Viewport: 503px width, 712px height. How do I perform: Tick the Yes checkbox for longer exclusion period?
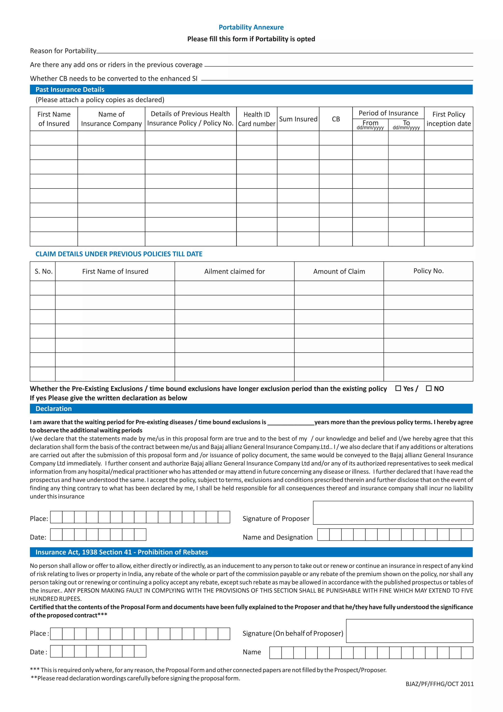(398, 388)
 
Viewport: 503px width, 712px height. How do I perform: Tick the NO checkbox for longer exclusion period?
(429, 388)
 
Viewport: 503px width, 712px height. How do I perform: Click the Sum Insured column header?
(298, 119)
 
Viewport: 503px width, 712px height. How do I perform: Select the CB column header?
(336, 119)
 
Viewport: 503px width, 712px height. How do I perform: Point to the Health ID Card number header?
(256, 119)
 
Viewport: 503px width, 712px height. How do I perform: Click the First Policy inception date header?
(448, 119)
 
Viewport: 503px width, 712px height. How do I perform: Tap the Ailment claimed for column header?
(235, 271)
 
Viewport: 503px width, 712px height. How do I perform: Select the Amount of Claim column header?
(339, 271)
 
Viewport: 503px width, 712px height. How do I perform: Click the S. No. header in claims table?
(43, 271)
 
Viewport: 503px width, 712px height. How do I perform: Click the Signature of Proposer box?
(393, 513)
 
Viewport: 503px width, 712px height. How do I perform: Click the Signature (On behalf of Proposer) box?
(409, 631)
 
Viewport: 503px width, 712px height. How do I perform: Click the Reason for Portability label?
(63, 51)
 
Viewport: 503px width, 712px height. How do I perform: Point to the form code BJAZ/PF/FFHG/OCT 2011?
(439, 684)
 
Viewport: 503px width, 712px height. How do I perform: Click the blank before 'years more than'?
(291, 422)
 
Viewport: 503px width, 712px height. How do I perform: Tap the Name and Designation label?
(278, 537)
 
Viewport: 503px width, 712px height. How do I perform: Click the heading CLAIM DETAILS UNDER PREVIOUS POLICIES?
(119, 254)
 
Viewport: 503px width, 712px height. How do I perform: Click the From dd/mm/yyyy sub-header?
(370, 125)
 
